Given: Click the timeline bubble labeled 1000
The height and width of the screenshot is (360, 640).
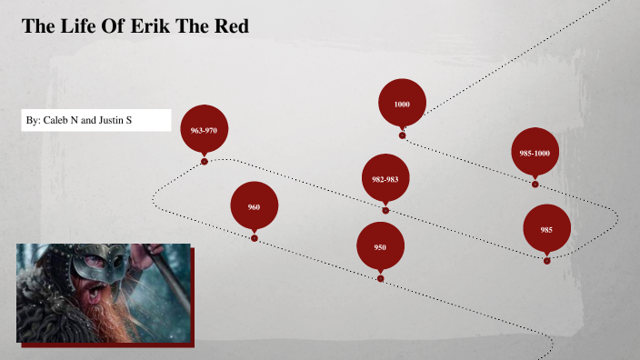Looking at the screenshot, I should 402,104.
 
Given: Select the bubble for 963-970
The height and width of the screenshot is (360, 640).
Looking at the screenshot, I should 204,130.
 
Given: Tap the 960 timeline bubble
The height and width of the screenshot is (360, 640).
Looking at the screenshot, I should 254,207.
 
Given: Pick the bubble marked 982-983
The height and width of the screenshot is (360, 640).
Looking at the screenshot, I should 385,179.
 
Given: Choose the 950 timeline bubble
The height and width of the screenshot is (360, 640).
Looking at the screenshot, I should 380,247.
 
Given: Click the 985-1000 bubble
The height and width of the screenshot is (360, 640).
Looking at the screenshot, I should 535,153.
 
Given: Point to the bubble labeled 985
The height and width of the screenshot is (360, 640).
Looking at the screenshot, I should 546,229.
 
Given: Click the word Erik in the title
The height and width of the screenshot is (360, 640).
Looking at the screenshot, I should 155,27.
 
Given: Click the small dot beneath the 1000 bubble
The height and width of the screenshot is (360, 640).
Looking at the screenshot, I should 402,135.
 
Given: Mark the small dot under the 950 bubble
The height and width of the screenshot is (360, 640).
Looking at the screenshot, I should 380,278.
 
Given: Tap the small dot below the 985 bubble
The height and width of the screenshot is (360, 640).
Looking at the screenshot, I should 546,261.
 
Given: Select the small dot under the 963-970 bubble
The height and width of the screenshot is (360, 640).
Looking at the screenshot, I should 205,161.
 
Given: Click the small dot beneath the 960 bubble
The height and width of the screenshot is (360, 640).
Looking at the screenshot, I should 254,238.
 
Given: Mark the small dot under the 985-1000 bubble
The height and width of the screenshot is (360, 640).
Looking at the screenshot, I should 535,184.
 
